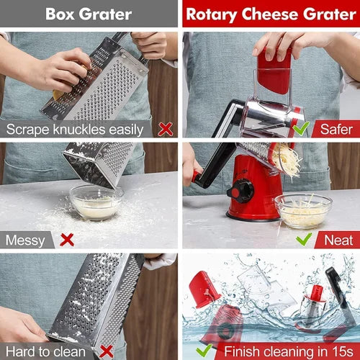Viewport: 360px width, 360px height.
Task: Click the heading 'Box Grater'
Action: click(89, 13)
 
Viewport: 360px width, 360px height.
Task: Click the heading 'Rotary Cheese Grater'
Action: click(271, 13)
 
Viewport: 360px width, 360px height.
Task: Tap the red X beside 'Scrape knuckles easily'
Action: click(166, 129)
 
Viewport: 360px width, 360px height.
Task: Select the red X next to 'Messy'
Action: click(67, 239)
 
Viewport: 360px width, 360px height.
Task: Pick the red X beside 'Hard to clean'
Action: click(106, 351)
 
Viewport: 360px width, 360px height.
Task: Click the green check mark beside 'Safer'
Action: click(301, 129)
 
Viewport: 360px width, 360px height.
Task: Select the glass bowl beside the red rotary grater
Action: click(302, 210)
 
